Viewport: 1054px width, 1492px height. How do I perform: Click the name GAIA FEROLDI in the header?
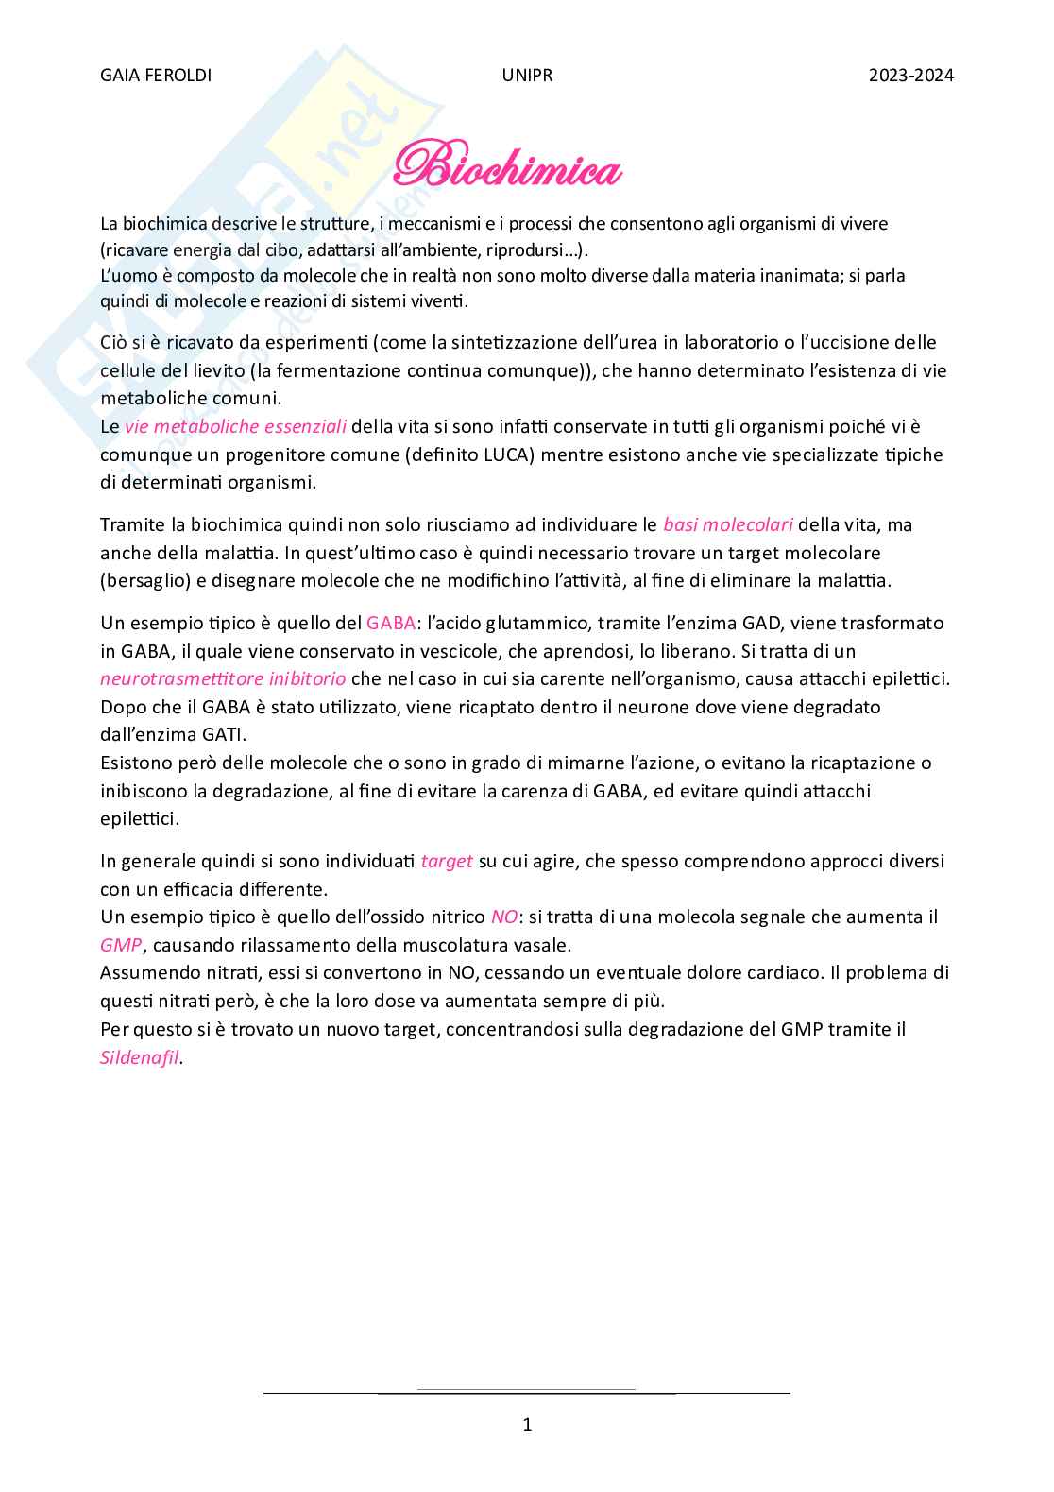156,76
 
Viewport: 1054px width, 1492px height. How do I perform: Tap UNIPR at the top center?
527,76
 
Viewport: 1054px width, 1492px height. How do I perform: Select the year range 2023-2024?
910,76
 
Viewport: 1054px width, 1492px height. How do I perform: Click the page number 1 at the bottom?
527,1424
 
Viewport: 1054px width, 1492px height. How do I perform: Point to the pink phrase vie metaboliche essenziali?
235,427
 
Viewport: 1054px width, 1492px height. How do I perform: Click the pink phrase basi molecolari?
727,524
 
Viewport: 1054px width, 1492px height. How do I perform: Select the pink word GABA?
391,623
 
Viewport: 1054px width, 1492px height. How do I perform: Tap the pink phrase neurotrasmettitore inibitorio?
223,678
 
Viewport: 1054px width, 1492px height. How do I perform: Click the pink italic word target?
447,861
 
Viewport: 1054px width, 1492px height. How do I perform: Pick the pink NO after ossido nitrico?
503,917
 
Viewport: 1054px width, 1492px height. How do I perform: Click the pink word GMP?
121,945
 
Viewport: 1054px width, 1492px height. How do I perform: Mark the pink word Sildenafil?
139,1057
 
